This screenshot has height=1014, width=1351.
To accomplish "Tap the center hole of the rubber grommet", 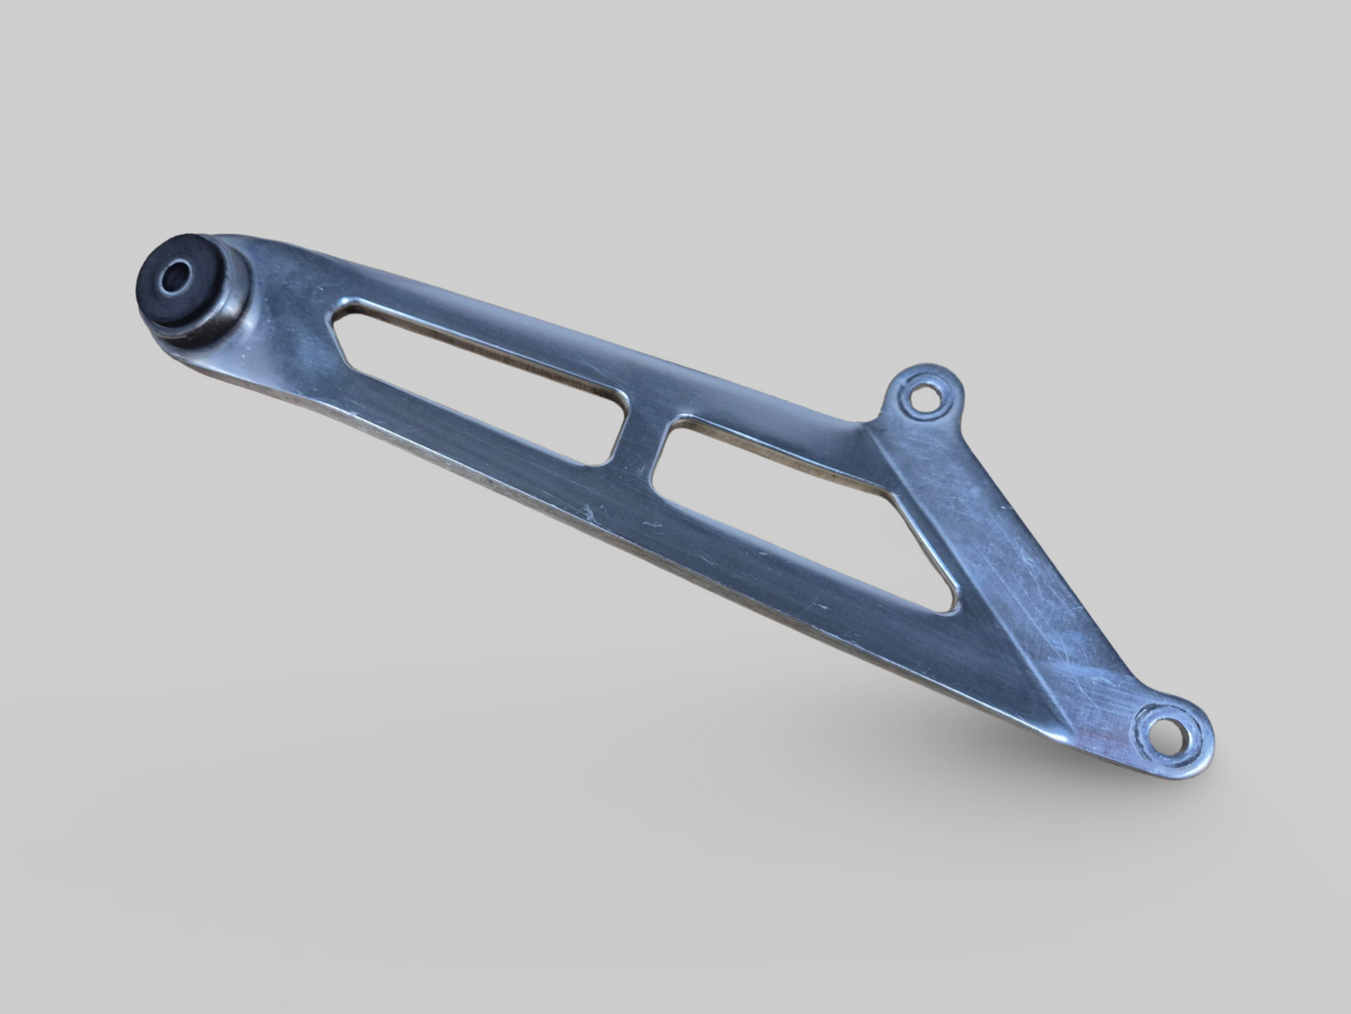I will [x=174, y=278].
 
